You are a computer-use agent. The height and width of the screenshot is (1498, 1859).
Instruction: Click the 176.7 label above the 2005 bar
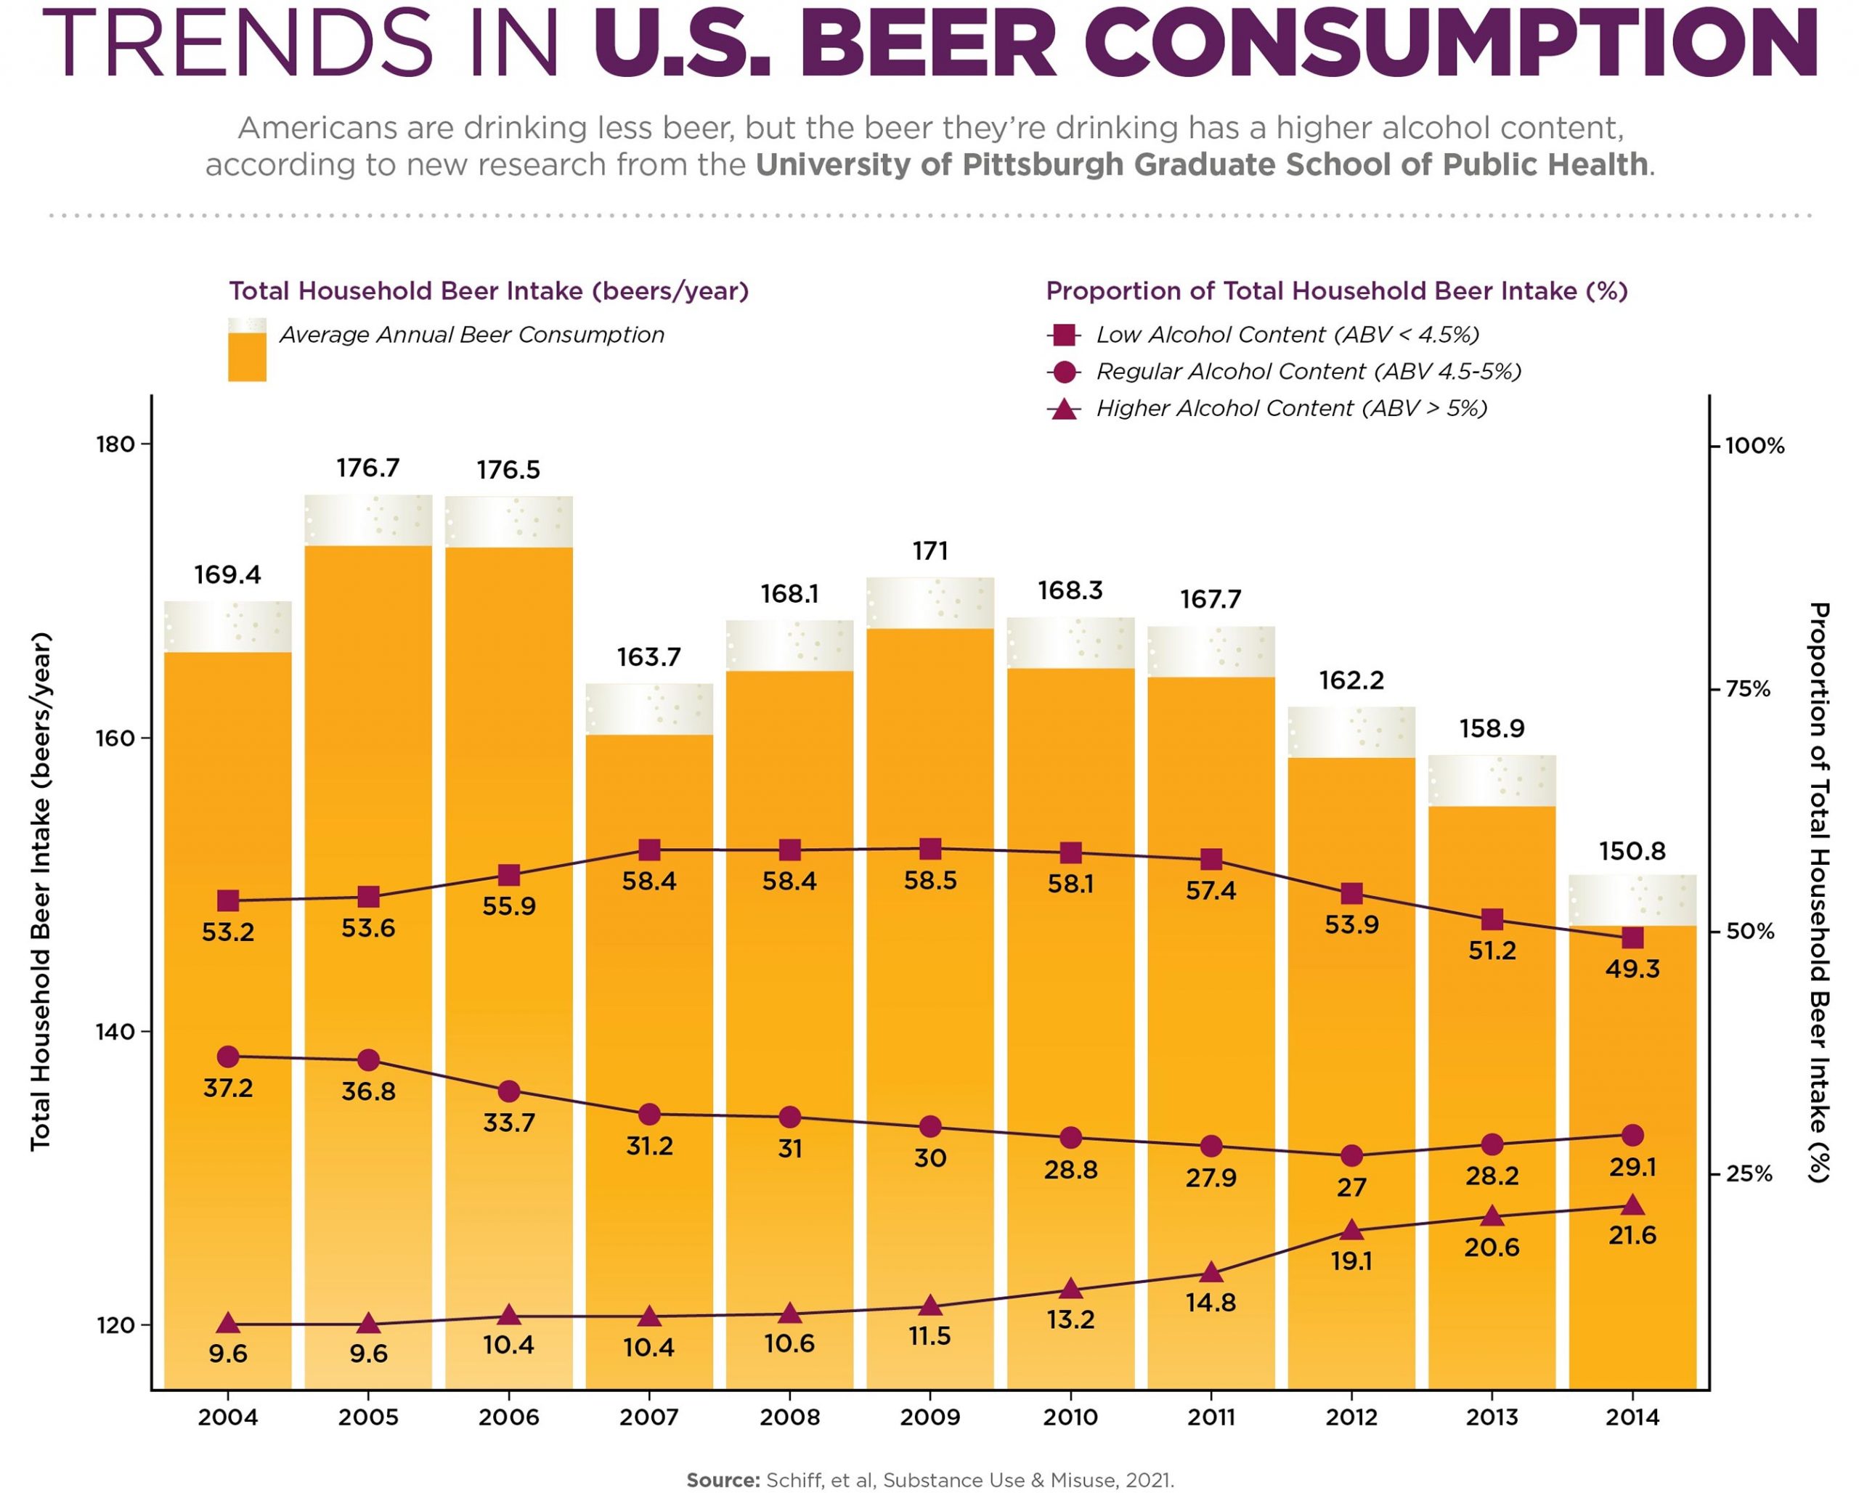pyautogui.click(x=367, y=468)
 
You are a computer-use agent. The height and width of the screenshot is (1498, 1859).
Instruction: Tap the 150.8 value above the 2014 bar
pyautogui.click(x=1631, y=852)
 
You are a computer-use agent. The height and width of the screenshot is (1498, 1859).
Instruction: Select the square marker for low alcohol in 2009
pyautogui.click(x=929, y=849)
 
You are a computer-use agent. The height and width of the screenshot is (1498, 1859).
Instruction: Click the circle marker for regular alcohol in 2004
pyautogui.click(x=228, y=1057)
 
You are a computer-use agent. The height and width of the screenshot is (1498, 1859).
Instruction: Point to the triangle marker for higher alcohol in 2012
pyautogui.click(x=1351, y=1229)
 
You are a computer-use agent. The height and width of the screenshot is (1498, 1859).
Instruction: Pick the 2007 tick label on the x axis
pyautogui.click(x=649, y=1417)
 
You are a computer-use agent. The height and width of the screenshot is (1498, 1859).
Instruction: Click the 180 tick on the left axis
pyautogui.click(x=115, y=444)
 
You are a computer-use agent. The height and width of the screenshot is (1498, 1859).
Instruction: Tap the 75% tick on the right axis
pyautogui.click(x=1748, y=688)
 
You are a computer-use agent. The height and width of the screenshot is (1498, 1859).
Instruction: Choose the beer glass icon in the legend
pyautogui.click(x=247, y=349)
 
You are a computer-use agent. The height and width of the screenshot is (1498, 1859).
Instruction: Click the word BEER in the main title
pyautogui.click(x=928, y=43)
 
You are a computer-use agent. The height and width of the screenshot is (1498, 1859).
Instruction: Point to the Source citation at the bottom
pyautogui.click(x=929, y=1480)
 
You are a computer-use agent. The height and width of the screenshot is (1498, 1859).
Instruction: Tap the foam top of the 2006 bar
pyautogui.click(x=508, y=521)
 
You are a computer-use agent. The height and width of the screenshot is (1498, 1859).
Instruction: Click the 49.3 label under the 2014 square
pyautogui.click(x=1632, y=969)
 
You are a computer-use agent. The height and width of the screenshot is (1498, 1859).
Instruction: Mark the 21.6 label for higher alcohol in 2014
pyautogui.click(x=1632, y=1236)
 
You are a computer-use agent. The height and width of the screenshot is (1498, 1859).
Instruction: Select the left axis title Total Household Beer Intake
pyautogui.click(x=41, y=892)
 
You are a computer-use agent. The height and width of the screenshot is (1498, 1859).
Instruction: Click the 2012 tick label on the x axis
pyautogui.click(x=1351, y=1417)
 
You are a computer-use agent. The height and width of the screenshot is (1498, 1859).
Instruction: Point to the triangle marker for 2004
pyautogui.click(x=228, y=1323)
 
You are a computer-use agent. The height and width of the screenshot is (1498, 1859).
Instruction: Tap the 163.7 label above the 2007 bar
pyautogui.click(x=649, y=658)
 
